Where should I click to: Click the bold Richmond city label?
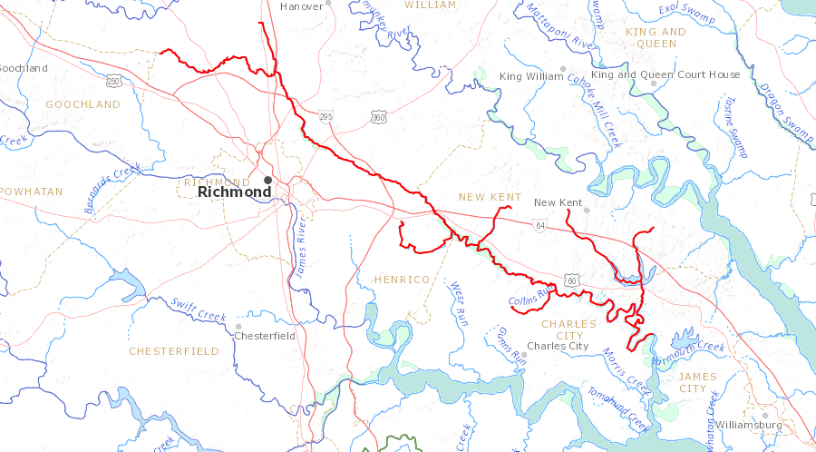point(234,192)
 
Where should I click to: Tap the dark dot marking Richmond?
point(267,180)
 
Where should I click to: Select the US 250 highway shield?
point(113,82)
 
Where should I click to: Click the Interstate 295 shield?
point(326,115)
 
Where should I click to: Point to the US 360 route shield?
point(378,116)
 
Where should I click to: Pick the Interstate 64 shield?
point(539,224)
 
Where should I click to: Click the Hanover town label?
point(301,6)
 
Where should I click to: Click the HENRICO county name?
point(401,280)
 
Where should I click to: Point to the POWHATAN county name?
point(33,192)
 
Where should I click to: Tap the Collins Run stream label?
point(530,297)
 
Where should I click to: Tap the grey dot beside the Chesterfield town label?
point(238,326)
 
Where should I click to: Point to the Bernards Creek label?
point(112,188)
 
